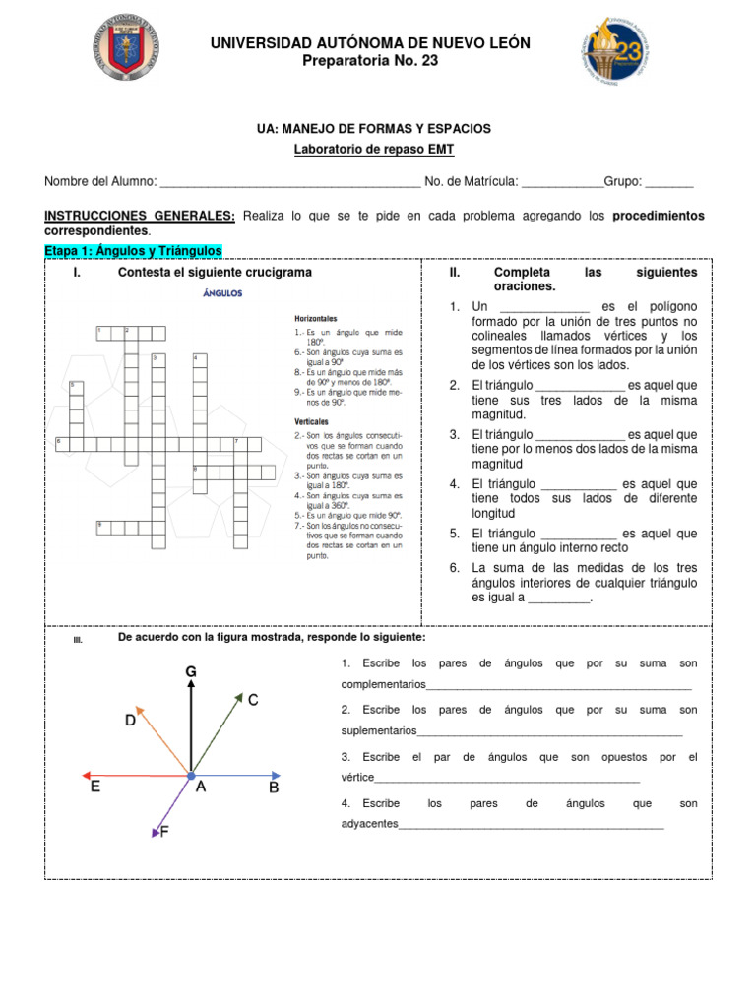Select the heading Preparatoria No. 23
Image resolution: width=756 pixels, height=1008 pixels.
[372, 61]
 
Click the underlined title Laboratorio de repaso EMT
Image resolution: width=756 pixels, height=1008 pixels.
[374, 149]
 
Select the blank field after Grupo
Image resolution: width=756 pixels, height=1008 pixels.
[669, 182]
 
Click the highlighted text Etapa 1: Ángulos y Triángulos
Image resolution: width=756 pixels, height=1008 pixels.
[134, 251]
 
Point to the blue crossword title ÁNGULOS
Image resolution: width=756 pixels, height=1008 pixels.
[222, 292]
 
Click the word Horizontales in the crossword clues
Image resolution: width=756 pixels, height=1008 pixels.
[316, 319]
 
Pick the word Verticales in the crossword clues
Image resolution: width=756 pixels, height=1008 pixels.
[312, 421]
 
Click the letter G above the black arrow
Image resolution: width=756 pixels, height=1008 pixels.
[191, 671]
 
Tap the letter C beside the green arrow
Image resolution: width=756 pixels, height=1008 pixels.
[253, 700]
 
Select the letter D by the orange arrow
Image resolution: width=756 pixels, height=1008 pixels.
[130, 721]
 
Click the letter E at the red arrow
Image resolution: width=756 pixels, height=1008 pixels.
[94, 787]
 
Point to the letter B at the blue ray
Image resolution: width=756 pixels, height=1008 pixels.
[274, 787]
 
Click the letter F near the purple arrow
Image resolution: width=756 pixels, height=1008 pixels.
[163, 832]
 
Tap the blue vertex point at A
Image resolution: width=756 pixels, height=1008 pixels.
[191, 777]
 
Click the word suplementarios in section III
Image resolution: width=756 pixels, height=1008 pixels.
[378, 731]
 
